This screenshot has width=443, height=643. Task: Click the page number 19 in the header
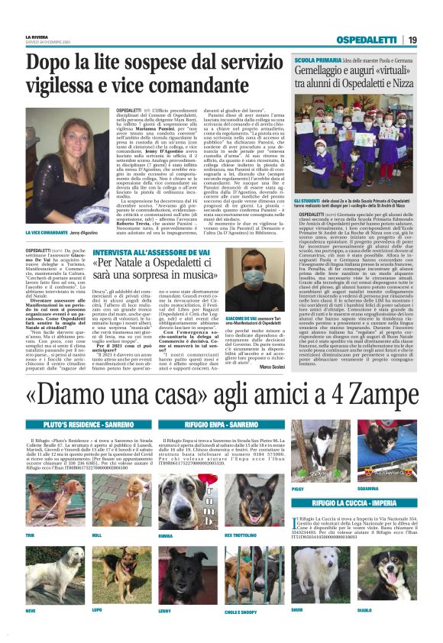click(412, 40)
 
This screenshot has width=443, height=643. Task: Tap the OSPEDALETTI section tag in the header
click(368, 40)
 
